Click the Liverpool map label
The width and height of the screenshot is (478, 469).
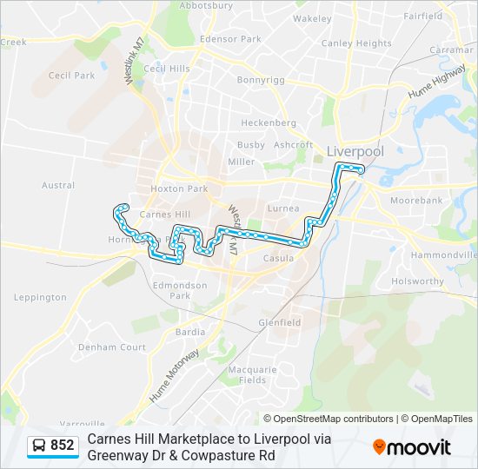[355, 151]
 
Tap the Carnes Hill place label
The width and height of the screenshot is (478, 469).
[164, 214]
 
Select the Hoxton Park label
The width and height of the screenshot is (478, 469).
[179, 188]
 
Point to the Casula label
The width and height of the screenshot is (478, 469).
[279, 258]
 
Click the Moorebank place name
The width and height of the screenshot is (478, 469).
[416, 200]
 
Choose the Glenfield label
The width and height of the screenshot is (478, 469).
[279, 322]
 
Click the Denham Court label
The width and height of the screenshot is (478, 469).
[112, 347]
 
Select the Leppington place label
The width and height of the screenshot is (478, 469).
[40, 297]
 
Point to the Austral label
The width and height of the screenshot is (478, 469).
[58, 185]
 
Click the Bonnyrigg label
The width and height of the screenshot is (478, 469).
[261, 80]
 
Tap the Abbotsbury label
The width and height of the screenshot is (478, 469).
[205, 5]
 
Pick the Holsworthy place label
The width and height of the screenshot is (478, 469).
[417, 281]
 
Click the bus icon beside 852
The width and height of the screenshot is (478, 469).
[39, 446]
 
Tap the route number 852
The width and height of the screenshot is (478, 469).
[63, 446]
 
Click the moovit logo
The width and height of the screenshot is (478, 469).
[412, 447]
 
